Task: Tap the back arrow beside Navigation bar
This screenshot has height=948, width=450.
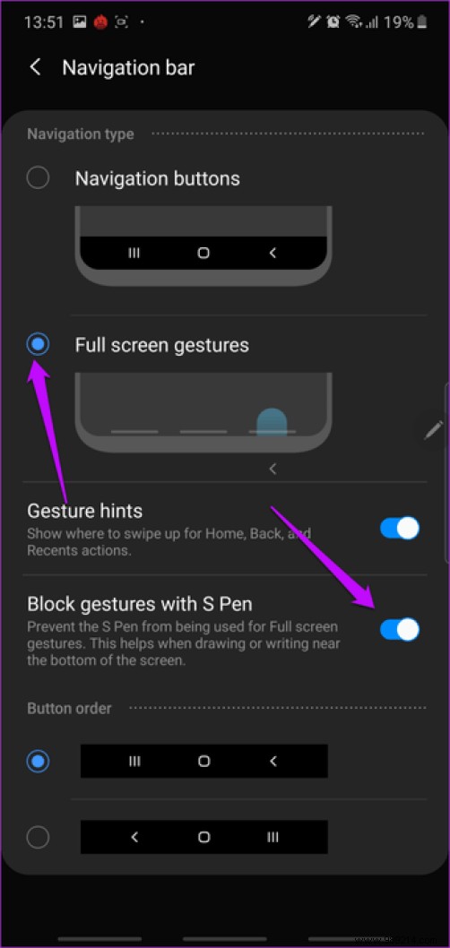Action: (x=36, y=67)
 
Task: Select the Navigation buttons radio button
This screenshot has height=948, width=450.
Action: (x=38, y=178)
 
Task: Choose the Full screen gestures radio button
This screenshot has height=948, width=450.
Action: (x=38, y=344)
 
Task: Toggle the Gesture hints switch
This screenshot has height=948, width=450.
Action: (x=399, y=528)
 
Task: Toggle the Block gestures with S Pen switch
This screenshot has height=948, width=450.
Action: (x=399, y=630)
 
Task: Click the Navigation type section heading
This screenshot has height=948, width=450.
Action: (x=81, y=134)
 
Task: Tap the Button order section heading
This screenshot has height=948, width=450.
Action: (x=69, y=708)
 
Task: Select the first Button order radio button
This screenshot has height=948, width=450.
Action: (x=38, y=762)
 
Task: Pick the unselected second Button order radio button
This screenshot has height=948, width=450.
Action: (x=38, y=837)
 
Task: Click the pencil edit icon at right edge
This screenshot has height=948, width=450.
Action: (x=434, y=429)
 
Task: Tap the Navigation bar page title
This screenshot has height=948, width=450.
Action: (x=128, y=67)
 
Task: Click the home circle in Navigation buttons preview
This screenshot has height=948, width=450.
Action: (x=203, y=254)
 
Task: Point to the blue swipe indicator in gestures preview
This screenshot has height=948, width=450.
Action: (x=272, y=421)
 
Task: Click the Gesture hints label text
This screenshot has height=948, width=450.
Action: (x=85, y=511)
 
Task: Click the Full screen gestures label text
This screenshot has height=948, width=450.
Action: (x=161, y=345)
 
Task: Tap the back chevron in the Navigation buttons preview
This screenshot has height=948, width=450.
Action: (x=273, y=254)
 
